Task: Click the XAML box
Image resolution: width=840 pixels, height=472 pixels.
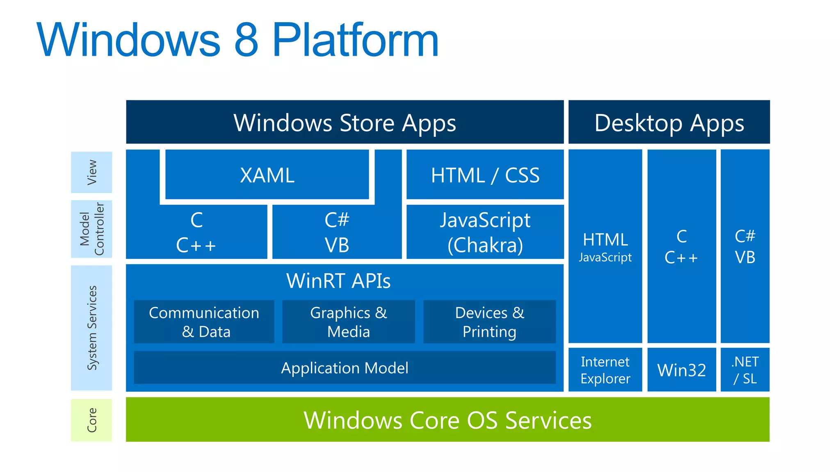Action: (267, 175)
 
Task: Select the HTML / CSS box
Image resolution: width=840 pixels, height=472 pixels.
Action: (485, 175)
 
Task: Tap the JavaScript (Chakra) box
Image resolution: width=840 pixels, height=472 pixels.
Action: (485, 232)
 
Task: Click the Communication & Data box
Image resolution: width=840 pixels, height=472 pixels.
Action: (204, 322)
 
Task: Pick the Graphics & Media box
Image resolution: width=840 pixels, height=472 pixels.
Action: (349, 322)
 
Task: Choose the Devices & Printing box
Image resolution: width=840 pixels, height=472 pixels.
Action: (490, 322)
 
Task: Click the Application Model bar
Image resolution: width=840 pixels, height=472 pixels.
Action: (345, 368)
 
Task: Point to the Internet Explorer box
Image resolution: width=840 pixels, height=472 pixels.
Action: (605, 370)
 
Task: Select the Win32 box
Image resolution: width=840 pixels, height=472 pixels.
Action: (682, 370)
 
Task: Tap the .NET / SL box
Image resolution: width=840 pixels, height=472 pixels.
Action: (745, 370)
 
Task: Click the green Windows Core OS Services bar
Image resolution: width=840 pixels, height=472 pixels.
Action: (448, 420)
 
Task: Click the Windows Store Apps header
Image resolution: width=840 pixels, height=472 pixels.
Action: (345, 122)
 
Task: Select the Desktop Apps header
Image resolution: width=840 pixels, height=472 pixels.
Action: (669, 122)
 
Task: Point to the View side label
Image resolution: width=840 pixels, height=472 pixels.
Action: (91, 172)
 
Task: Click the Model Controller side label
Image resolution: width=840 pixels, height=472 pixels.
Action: (91, 229)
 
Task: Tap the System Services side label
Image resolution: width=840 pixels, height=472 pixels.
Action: (91, 328)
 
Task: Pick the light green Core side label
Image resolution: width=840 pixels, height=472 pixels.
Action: (91, 420)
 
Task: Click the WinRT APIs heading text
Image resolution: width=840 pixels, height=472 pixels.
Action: (338, 281)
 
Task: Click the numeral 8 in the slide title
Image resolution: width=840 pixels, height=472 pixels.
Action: (247, 40)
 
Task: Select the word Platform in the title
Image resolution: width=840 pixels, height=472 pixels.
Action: (356, 39)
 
